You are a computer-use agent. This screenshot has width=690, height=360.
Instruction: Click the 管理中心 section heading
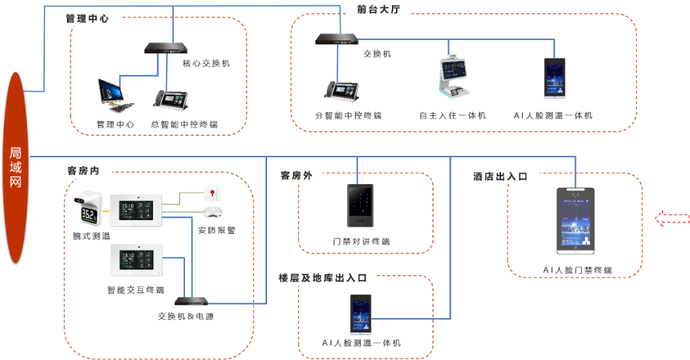87,19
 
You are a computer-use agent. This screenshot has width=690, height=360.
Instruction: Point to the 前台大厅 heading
378,10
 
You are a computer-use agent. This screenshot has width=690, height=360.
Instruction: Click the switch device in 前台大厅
337,39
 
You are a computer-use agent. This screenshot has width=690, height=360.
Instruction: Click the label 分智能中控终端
348,116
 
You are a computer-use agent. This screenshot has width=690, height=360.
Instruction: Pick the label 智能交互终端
136,290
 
